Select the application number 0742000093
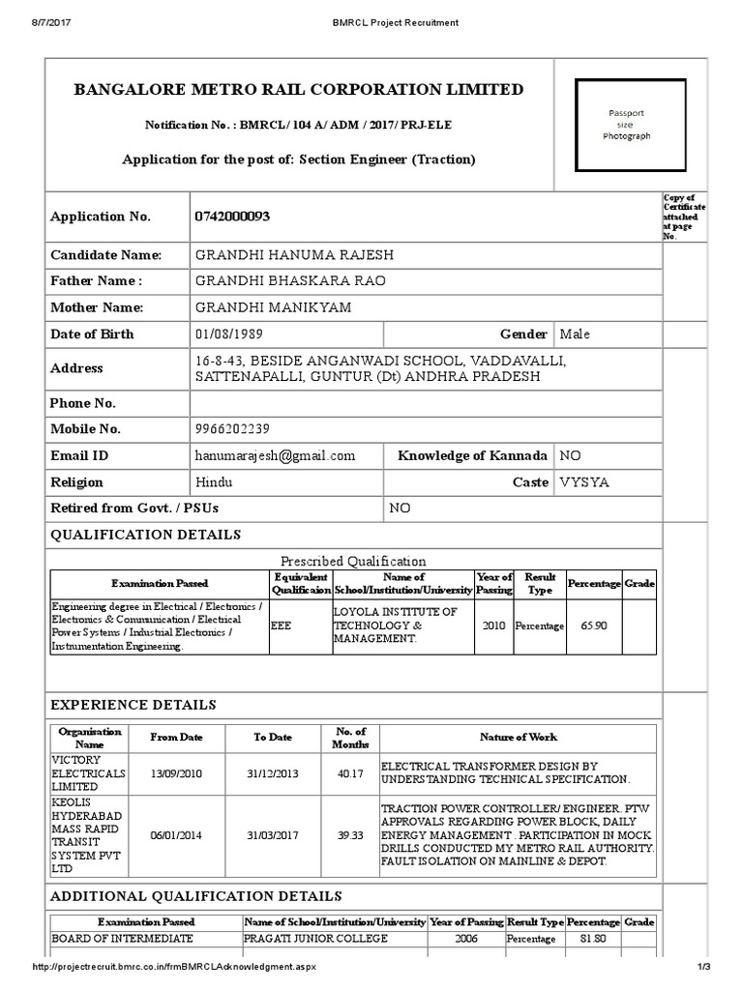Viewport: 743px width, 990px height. (x=231, y=217)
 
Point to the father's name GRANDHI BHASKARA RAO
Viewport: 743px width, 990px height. (x=277, y=281)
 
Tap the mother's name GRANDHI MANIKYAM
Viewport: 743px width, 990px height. (x=273, y=307)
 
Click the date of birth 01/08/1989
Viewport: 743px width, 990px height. (x=229, y=334)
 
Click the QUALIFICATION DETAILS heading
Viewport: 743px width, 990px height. (x=145, y=535)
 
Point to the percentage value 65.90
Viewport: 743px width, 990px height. (x=593, y=626)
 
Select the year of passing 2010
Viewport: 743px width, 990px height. (x=493, y=626)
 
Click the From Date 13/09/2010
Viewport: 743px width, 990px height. (x=176, y=773)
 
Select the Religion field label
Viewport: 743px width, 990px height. (x=80, y=481)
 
